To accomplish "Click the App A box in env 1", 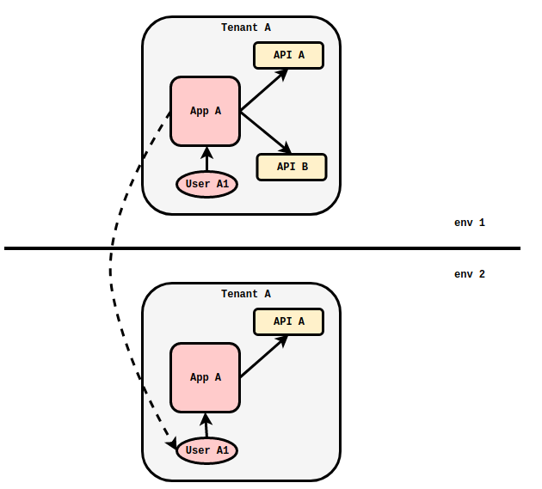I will click(x=205, y=111).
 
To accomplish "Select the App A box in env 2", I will click(x=205, y=377).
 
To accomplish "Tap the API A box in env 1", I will click(x=288, y=55).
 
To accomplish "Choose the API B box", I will click(x=292, y=167).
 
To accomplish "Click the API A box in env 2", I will click(x=288, y=321).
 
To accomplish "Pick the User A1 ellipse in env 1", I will click(x=206, y=184).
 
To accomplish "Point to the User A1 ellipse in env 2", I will click(x=206, y=450).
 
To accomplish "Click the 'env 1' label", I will click(x=470, y=223).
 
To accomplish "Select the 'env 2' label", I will click(x=470, y=274).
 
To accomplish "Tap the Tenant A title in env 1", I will click(x=245, y=28).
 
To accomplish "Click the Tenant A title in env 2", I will click(x=245, y=294).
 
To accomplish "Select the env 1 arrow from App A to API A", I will click(x=263, y=91).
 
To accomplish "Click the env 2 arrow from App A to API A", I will click(x=263, y=358).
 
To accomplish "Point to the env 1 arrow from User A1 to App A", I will click(x=206, y=160).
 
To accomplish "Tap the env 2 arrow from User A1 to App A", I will click(x=206, y=426).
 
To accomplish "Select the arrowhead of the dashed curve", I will click(x=171, y=443).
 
